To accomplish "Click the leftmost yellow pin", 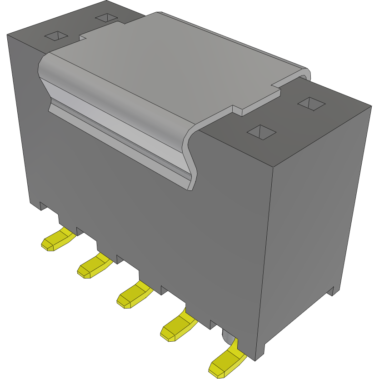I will [58, 240].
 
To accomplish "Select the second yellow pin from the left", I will [94, 266].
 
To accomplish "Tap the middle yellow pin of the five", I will [135, 294].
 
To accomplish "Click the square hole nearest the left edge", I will [56, 35].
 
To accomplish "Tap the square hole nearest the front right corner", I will [261, 132].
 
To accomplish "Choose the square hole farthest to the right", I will [311, 104].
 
